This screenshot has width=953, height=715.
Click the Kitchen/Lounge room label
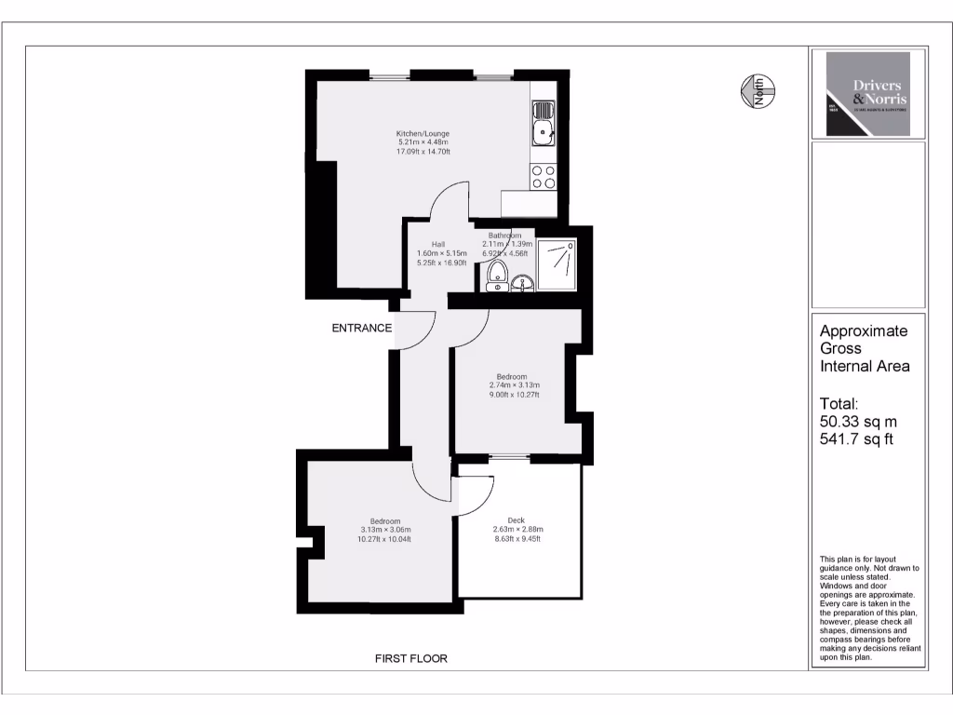pyautogui.click(x=423, y=133)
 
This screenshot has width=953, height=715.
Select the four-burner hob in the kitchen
pyautogui.click(x=543, y=177)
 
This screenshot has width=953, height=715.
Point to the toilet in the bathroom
pyautogui.click(x=498, y=275)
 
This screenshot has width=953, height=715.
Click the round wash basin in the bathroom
pyautogui.click(x=523, y=283)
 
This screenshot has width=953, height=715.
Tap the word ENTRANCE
pyautogui.click(x=362, y=328)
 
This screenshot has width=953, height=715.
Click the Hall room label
pyautogui.click(x=437, y=244)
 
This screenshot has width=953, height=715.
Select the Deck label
pyautogui.click(x=516, y=520)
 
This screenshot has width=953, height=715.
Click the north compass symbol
pyautogui.click(x=758, y=91)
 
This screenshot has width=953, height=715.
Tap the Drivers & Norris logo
pyautogui.click(x=867, y=94)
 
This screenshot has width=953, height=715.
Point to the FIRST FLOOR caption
pyautogui.click(x=410, y=658)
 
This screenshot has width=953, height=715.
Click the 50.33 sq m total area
pyautogui.click(x=858, y=422)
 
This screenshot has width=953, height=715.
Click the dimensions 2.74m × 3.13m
pyautogui.click(x=515, y=385)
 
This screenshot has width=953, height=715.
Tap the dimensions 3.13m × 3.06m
pyautogui.click(x=385, y=530)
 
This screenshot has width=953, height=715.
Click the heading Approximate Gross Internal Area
pyautogui.click(x=864, y=348)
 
